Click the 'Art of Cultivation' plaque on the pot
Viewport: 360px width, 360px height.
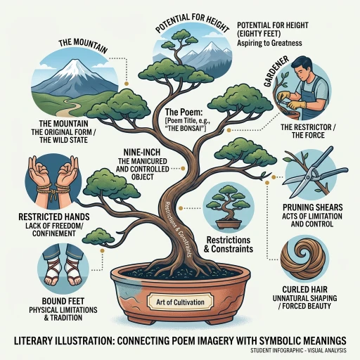[180, 302]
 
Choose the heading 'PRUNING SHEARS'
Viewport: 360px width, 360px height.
[313, 207]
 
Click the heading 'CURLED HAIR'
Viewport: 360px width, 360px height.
[304, 290]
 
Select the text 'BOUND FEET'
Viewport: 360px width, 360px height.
[63, 301]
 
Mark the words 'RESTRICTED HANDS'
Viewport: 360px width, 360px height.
[54, 217]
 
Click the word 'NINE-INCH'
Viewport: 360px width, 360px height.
[142, 153]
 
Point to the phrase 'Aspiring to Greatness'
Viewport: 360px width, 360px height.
[269, 43]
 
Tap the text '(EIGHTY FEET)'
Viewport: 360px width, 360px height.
[259, 34]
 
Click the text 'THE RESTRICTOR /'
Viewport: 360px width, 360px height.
[308, 127]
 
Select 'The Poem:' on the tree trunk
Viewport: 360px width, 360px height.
[184, 112]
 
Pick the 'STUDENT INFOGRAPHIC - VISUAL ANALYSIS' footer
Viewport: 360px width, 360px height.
[298, 350]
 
